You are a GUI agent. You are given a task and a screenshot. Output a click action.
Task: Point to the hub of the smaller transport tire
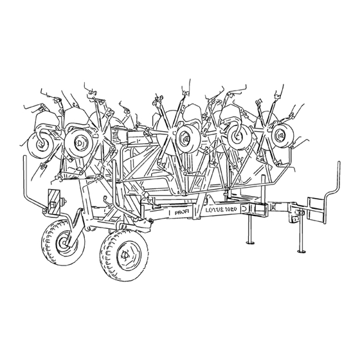[64, 242]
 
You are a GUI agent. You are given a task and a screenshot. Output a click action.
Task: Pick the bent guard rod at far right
[334, 186]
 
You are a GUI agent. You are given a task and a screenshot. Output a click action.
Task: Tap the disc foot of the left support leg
[249, 244]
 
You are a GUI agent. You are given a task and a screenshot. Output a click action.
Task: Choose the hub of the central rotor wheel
[186, 137]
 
